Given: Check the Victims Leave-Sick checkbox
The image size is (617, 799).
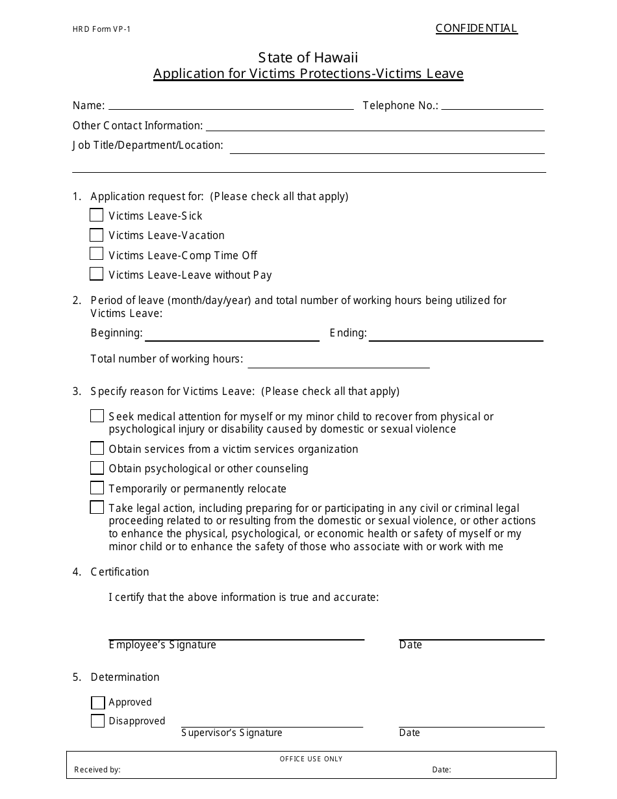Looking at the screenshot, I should tap(96, 215).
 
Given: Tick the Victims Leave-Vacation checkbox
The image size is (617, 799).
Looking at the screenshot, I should tap(96, 235).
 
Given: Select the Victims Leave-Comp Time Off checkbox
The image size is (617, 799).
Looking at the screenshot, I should tap(96, 254).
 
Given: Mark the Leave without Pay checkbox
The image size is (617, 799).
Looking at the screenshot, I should tap(96, 273).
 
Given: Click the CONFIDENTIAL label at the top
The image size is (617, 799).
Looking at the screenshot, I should tap(476, 28).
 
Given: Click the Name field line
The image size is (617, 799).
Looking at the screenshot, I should tap(231, 107).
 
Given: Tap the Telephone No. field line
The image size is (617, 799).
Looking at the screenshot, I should tap(492, 107).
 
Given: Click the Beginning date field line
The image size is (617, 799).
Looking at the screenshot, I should tap(232, 338).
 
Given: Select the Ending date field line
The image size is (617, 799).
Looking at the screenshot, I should tap(456, 338).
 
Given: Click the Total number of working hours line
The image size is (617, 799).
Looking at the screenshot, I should tap(338, 364).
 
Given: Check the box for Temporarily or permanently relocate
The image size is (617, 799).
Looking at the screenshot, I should tap(97, 488).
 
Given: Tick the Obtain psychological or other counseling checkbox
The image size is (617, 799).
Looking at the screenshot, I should tap(97, 468).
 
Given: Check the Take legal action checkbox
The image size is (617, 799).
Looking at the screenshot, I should tap(97, 507).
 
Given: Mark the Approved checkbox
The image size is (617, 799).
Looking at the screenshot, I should tap(97, 702).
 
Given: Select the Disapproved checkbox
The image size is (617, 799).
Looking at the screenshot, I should tap(97, 720).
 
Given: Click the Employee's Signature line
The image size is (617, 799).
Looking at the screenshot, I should tap(236, 637).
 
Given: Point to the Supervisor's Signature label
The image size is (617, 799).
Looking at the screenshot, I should tap(232, 733).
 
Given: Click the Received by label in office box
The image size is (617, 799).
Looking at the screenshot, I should tap(97, 770).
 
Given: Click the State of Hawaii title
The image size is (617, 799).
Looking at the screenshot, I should tap(308, 57).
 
